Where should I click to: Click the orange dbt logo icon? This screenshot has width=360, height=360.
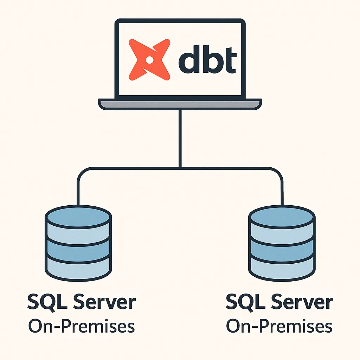coord(149,60)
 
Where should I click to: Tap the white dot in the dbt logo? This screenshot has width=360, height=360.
coord(149,60)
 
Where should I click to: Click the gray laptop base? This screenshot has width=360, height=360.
coord(180,104)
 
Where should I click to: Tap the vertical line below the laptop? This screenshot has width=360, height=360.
coord(180,139)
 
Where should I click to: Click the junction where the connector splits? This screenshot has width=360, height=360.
coord(180,168)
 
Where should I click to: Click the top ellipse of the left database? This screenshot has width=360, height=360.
coord(78,217)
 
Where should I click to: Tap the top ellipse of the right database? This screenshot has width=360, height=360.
coord(282,217)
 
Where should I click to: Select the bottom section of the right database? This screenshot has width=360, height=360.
coord(282,269)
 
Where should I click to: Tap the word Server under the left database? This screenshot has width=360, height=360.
coord(105,302)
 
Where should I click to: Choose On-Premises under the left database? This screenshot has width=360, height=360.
coord(82,326)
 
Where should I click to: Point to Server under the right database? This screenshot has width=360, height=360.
coord(302,302)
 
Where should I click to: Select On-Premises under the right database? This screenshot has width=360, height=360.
coord(279,326)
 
